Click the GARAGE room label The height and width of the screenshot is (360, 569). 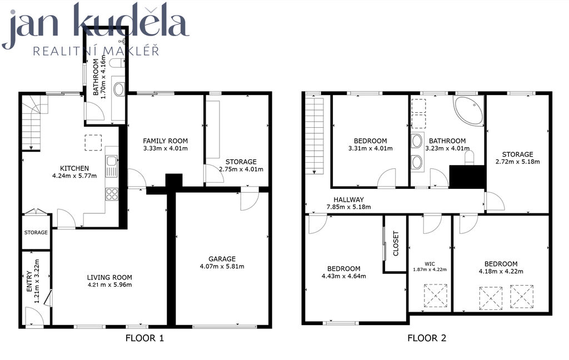click(222, 259)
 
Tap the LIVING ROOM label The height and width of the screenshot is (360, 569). click(109, 278)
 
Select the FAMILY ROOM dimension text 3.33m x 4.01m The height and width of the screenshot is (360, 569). click(166, 148)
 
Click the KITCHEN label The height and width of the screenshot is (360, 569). click(74, 168)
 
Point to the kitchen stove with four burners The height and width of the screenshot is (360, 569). click(112, 194)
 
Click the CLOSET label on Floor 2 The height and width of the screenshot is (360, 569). click(396, 243)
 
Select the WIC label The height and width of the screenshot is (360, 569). click(430, 264)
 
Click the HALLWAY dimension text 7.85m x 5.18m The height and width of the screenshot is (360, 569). click(349, 207)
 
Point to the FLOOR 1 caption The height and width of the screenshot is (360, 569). click(145, 338)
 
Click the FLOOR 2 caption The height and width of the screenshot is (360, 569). click(427, 338)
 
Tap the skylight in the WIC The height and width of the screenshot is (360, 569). click(436, 296)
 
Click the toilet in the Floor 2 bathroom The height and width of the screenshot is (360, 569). click(470, 158)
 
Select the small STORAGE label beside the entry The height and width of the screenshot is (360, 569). click(36, 232)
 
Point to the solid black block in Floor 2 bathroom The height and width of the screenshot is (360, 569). click(467, 177)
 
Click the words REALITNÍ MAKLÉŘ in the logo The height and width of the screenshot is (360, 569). click(96, 51)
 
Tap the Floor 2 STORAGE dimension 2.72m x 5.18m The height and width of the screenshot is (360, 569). click(518, 162)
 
